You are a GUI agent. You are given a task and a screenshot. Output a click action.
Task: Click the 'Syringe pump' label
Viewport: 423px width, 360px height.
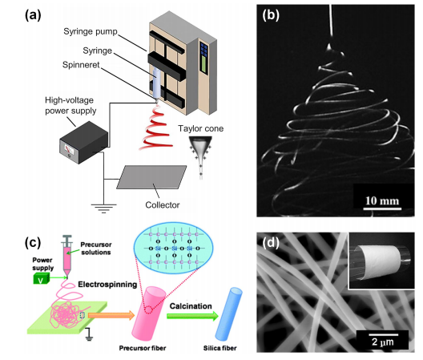(x=91, y=32)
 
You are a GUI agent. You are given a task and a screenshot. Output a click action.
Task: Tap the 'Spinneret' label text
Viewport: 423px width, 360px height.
(x=81, y=65)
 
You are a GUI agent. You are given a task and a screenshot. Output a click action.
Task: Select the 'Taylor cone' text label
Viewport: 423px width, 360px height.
(x=201, y=128)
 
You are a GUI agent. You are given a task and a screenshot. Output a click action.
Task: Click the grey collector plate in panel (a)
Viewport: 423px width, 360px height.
(x=151, y=177)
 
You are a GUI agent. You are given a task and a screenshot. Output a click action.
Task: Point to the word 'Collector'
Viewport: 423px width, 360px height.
(x=163, y=205)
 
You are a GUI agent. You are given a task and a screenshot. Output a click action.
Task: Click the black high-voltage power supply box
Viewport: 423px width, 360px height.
(x=83, y=143)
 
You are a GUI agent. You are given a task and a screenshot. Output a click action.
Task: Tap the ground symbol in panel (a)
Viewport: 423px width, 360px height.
(x=103, y=208)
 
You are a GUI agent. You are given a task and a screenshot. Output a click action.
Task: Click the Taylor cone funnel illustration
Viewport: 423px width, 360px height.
(x=200, y=156)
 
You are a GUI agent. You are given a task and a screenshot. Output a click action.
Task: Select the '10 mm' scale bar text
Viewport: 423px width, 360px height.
(x=382, y=200)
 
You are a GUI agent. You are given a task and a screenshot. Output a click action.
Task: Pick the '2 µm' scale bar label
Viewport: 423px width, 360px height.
(x=382, y=342)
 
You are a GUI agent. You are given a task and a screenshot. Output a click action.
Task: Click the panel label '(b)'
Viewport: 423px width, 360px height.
(x=271, y=15)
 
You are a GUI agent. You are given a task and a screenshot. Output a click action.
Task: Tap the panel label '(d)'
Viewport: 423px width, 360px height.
(x=271, y=243)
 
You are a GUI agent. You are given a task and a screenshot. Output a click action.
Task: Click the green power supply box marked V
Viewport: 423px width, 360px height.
(x=42, y=278)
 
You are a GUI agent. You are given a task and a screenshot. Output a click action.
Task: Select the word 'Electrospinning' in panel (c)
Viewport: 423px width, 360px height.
(x=107, y=285)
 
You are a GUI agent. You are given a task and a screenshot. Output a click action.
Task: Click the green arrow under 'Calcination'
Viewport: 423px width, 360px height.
(x=192, y=316)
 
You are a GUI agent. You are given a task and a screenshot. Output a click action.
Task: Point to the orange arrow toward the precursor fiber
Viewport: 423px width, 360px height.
(x=111, y=315)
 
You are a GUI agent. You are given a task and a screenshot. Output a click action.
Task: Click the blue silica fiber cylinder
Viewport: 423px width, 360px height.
(x=229, y=314)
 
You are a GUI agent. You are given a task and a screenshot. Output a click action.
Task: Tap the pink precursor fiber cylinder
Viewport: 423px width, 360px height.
(x=148, y=313)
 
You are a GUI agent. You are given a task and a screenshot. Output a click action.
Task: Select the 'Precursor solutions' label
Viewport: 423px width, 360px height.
(x=96, y=249)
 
